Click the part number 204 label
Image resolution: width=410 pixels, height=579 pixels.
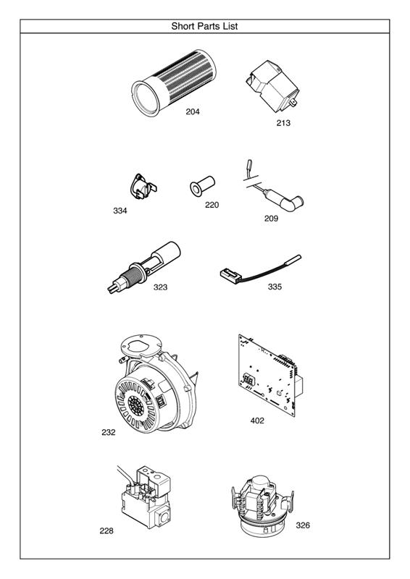193,111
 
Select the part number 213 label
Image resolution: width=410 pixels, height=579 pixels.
283,123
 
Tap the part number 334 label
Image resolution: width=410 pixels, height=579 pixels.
120,211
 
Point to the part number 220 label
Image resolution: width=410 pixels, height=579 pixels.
212,205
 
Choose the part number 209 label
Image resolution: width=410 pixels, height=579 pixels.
271,219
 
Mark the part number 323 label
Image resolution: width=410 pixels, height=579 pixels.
161,287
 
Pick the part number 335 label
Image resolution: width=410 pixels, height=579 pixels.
275,287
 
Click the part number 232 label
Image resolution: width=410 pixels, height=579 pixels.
109,432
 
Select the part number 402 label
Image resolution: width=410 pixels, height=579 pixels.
257,420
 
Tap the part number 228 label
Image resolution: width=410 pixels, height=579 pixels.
106,531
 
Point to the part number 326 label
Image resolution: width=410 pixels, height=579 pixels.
303,525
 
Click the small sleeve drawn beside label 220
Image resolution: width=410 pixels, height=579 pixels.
202,186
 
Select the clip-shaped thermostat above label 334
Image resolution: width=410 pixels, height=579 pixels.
143,187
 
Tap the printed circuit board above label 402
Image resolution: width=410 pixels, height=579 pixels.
271,375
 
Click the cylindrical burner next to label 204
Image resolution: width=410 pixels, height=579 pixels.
173,83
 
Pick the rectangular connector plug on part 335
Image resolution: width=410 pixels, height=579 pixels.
230,274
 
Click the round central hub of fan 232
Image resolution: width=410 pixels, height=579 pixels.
135,405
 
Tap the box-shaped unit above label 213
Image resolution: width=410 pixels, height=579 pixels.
272,86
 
